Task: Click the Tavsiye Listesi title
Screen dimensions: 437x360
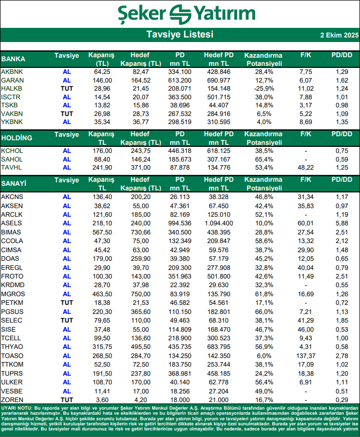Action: (x=180, y=34)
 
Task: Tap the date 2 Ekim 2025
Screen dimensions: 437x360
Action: (x=339, y=35)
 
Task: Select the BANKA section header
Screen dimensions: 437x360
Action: (x=14, y=59)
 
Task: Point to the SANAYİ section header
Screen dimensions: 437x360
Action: (x=15, y=183)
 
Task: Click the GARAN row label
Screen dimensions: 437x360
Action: (x=12, y=80)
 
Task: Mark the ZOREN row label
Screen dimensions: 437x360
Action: (x=12, y=399)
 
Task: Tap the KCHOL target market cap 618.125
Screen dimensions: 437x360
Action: (x=219, y=151)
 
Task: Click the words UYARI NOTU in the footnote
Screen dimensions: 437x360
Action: (x=16, y=408)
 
